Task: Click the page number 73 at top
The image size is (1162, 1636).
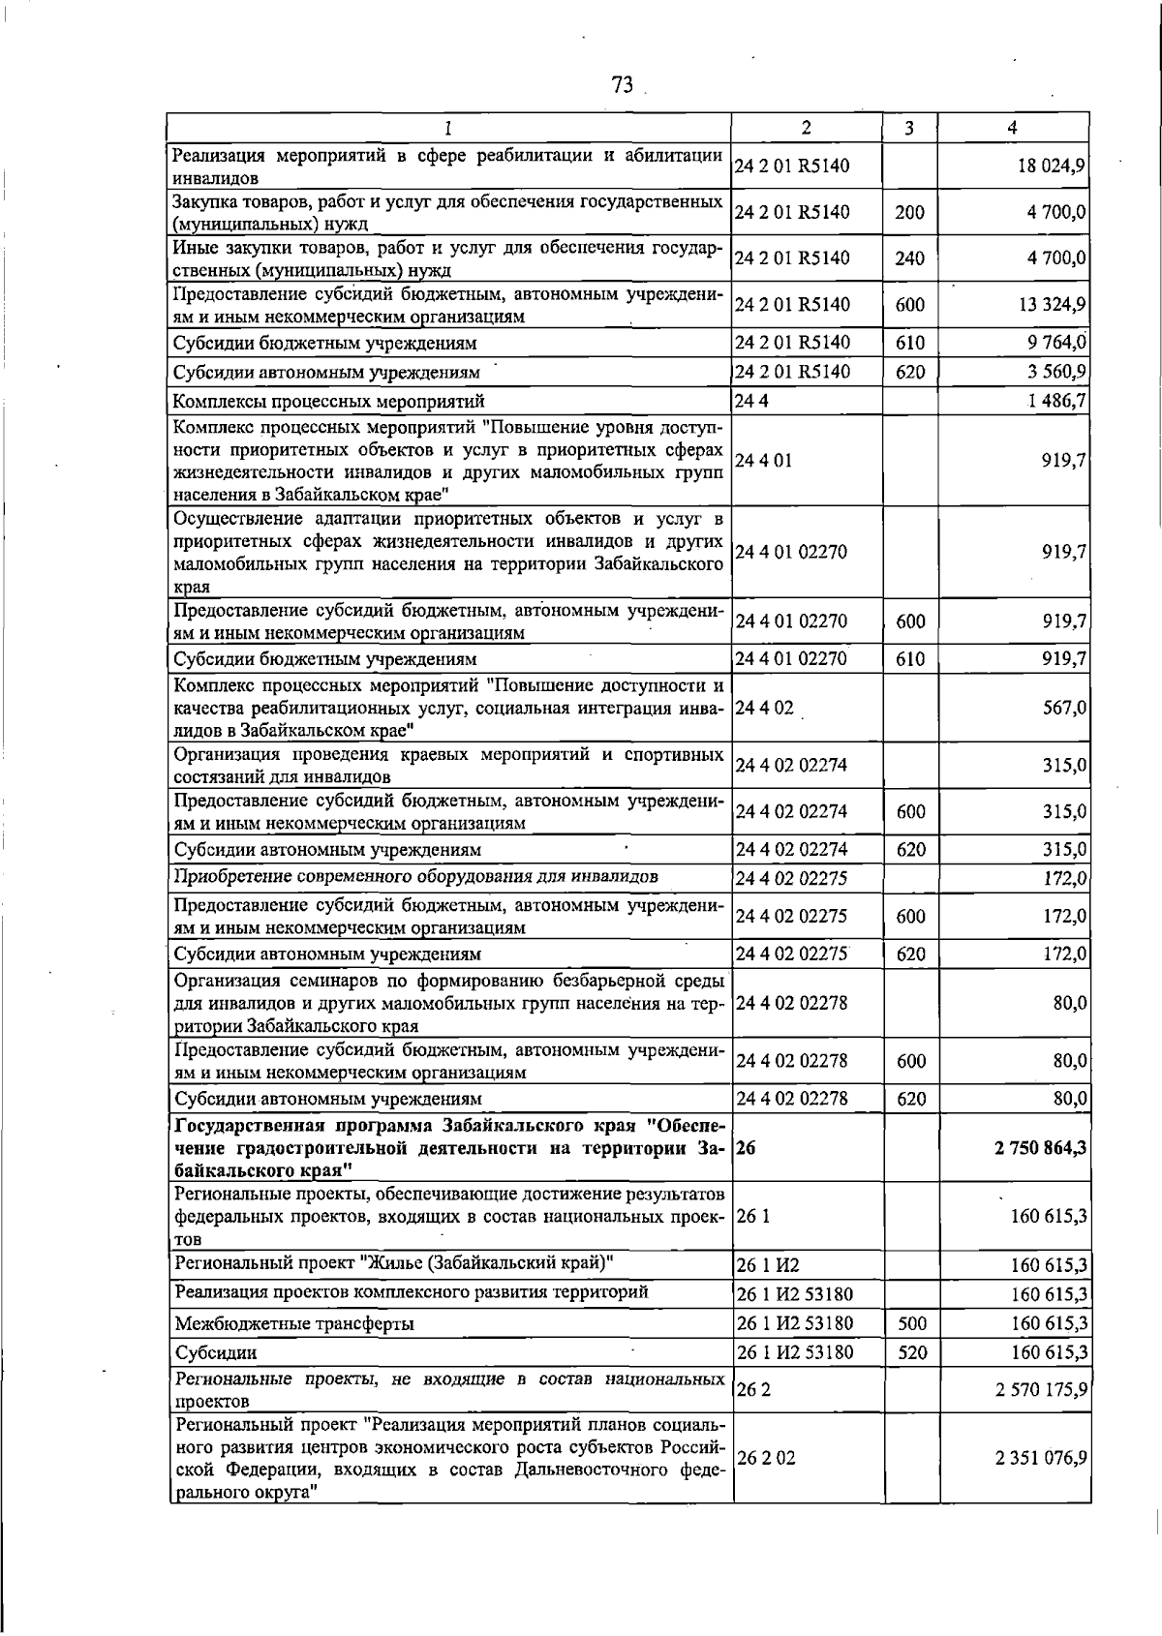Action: coord(623,85)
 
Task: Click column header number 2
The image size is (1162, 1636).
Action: coord(806,128)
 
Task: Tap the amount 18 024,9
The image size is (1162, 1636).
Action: coord(1050,166)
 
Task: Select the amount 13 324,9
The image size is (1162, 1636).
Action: coord(1050,305)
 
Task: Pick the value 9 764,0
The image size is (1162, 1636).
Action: coord(1055,343)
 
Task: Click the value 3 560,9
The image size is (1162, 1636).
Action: coord(1055,372)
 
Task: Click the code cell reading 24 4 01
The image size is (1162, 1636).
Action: coord(764,461)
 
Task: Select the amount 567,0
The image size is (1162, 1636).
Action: coord(1063,708)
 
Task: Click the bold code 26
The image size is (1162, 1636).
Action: coord(746,1148)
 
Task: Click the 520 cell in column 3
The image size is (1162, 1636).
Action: coord(911,1352)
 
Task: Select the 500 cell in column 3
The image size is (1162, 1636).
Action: coord(911,1323)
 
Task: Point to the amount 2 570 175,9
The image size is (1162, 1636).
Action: coord(1040,1390)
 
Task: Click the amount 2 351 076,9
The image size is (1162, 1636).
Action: coord(1040,1458)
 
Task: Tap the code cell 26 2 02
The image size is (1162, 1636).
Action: coord(767,1458)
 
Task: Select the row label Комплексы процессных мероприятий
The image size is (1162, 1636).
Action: coord(328,401)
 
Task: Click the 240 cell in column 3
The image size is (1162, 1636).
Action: coord(909,258)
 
